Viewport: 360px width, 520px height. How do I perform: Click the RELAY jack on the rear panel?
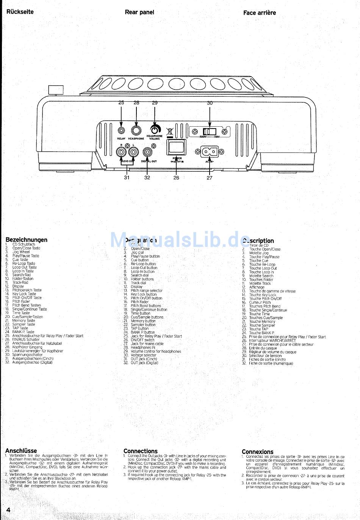(121, 130)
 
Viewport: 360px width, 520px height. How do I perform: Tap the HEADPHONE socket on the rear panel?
(136, 130)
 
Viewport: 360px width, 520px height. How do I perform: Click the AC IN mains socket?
(210, 152)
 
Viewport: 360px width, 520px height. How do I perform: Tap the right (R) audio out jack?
(122, 152)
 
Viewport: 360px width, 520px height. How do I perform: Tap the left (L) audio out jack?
(133, 152)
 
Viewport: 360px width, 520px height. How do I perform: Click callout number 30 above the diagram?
(210, 103)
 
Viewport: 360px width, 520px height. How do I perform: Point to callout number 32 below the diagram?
(147, 178)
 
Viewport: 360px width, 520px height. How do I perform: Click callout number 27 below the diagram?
(210, 178)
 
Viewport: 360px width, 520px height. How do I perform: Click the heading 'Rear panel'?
(139, 12)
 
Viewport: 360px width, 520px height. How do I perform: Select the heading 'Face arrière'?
(260, 13)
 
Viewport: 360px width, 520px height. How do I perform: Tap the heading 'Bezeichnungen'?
(27, 240)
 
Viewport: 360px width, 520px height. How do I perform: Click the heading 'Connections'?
(140, 451)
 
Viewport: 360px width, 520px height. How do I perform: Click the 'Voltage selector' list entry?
(143, 355)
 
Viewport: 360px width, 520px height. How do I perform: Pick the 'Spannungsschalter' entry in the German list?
(27, 355)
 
